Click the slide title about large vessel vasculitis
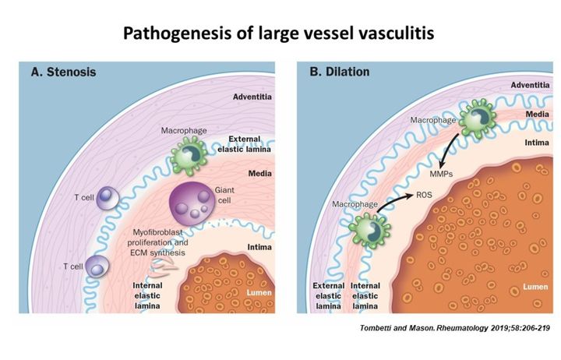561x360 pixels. click(x=280, y=34)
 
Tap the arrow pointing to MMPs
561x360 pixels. click(x=450, y=148)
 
